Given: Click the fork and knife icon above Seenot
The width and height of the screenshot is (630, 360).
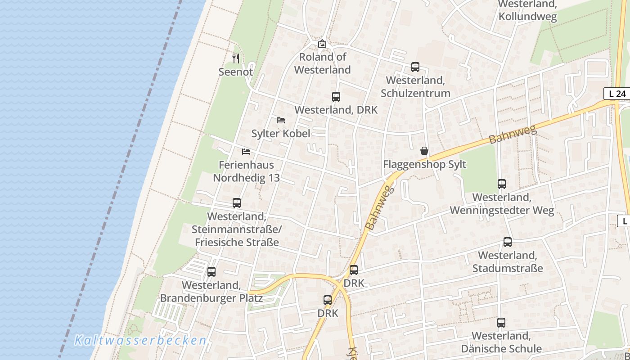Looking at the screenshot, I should point(235,58).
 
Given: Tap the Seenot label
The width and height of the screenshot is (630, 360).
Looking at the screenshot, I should point(235,72).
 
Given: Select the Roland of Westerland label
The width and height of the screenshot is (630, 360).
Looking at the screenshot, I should point(322,63).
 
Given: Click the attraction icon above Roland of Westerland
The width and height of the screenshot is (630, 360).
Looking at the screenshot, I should point(322,44).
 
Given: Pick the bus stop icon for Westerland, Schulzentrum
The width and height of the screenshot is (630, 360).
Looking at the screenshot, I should point(415,67).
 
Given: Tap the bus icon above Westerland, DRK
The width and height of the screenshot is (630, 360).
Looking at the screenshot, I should point(336,96).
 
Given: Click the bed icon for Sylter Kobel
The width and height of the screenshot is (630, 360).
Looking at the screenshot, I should point(281,120).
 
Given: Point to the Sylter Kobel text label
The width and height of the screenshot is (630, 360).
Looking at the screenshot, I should point(280,133).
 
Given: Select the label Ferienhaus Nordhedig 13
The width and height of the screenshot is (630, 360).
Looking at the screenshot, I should point(246,171).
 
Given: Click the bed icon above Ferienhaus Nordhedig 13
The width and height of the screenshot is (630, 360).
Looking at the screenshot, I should point(246,151).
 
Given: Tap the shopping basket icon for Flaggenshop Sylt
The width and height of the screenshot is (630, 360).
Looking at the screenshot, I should point(424,150).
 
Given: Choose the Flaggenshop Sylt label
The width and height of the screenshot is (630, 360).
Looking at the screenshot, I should point(424,164).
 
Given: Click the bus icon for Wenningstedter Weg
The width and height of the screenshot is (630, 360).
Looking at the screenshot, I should point(502,184).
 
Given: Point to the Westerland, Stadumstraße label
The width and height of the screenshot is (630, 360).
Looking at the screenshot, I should point(507,262).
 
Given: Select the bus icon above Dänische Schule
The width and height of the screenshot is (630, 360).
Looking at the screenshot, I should point(501,322).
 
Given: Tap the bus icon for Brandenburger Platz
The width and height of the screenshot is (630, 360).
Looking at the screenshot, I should point(211,272).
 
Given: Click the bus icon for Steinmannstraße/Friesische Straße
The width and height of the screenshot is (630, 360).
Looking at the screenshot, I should point(237,203).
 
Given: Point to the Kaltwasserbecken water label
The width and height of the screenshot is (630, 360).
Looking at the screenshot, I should point(140,340).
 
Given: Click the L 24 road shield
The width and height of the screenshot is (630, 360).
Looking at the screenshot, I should point(616,94).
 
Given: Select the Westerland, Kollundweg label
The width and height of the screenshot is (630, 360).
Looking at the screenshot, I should point(527,11).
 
